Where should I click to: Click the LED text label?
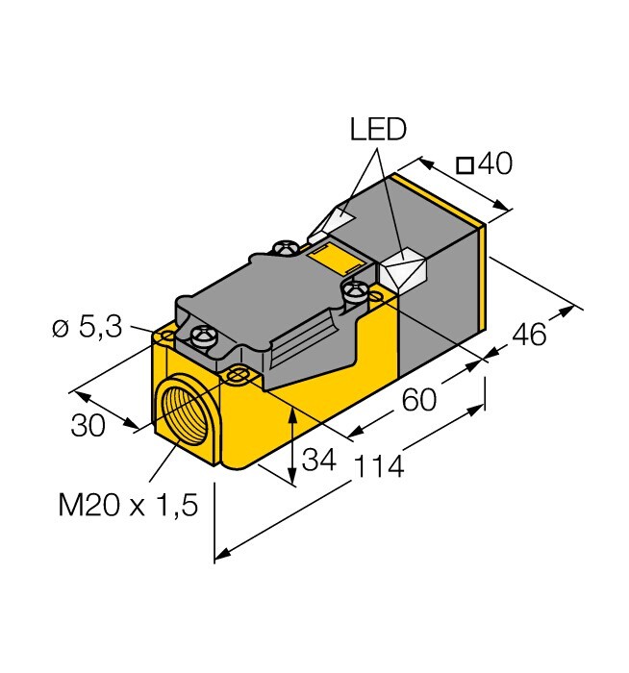tap(378, 130)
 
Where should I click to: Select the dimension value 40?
tap(495, 163)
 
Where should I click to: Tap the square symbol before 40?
tap(465, 166)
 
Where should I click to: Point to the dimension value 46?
tap(529, 334)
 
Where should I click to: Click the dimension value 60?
tap(419, 399)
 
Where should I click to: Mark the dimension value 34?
tap(318, 460)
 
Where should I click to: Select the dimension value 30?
tap(88, 425)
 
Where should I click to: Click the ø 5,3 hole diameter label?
tap(88, 328)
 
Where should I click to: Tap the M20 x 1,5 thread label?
tap(128, 505)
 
